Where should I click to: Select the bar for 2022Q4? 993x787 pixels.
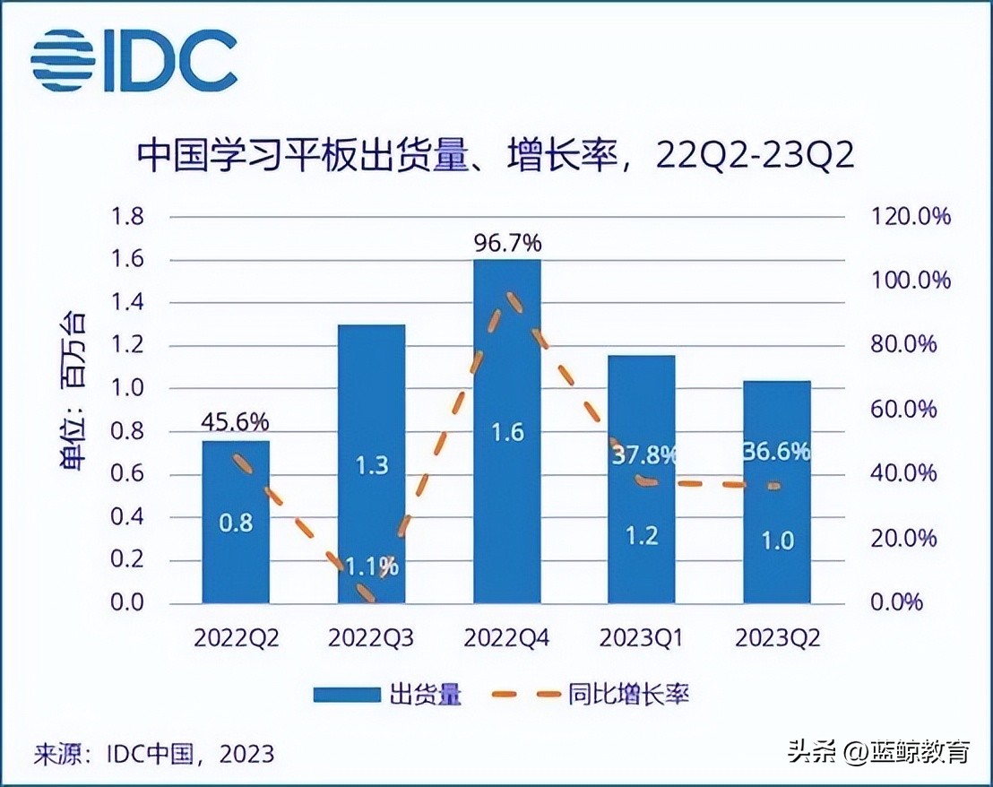coord(506,430)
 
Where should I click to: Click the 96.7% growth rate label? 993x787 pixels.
coord(506,242)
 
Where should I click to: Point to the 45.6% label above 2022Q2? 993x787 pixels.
coord(236,421)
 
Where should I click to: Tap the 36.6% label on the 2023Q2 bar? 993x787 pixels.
coord(776,452)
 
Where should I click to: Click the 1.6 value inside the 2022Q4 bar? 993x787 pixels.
coord(506,433)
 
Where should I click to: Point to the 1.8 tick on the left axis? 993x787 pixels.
coord(126,217)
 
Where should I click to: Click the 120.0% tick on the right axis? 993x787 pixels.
coord(909,217)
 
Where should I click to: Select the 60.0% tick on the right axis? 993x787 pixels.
coord(909,410)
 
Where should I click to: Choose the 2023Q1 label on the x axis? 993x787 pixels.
coord(642,638)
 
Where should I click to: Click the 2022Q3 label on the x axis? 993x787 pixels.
coord(370,638)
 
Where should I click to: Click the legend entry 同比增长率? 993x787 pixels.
coord(591,694)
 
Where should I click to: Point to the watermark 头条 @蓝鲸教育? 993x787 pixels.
coord(878,751)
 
